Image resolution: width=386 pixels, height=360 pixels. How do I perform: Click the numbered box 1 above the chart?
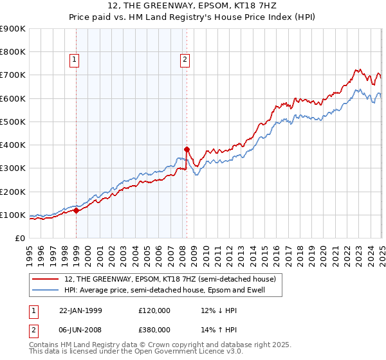tap(75, 60)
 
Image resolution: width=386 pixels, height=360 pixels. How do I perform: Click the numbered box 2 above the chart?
tap(185, 60)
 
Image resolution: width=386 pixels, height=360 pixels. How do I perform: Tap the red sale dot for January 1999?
tap(77, 210)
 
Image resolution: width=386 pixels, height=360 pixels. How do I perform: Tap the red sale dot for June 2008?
tap(187, 148)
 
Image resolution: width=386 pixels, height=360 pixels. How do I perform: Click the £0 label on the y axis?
tap(20, 238)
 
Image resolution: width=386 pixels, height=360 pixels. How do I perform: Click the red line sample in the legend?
tap(46, 279)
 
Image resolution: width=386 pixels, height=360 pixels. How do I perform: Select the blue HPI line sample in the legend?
tap(46, 291)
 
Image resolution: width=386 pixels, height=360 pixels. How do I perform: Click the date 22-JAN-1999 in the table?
tap(85, 310)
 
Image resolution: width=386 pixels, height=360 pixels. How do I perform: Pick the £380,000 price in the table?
tap(154, 330)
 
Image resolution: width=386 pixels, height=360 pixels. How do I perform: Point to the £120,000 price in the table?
tap(154, 310)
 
